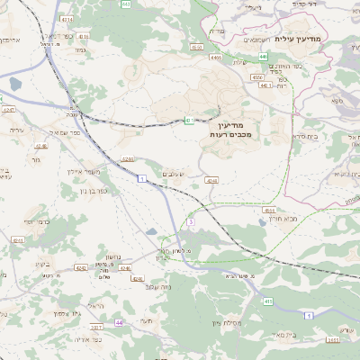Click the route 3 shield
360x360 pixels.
pyautogui.click(x=191, y=220)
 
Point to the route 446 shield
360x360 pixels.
pyautogui.click(x=263, y=57)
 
